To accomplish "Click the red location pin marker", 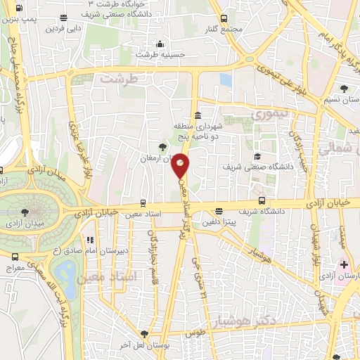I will point(181,165).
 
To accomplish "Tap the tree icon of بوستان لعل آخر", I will point(144,333).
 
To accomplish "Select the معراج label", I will point(14,268).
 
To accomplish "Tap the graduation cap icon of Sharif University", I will point(257,157).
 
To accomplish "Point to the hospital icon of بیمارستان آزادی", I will point(343,265).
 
